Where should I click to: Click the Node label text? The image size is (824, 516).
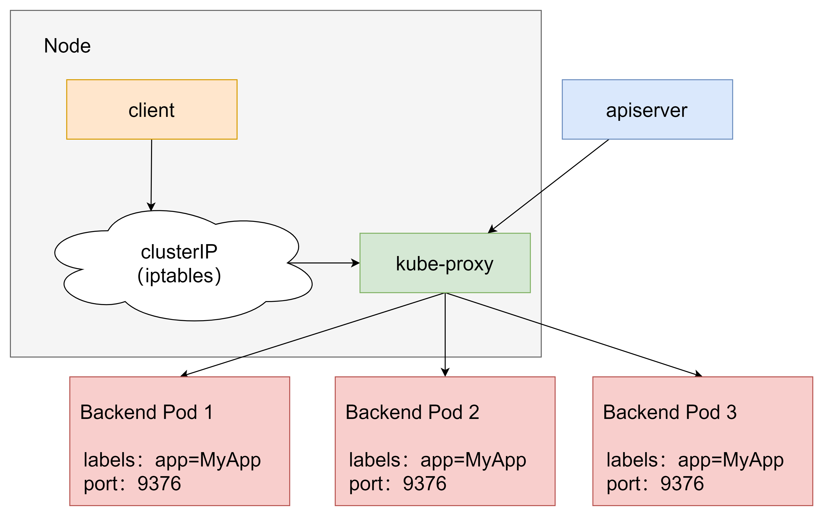(x=67, y=46)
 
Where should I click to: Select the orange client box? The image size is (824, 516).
(x=152, y=109)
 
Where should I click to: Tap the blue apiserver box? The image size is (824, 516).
(x=647, y=109)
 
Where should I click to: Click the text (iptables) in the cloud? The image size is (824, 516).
(x=179, y=276)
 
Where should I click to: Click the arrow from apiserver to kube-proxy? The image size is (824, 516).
(x=548, y=186)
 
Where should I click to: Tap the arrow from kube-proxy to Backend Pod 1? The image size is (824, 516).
(x=312, y=335)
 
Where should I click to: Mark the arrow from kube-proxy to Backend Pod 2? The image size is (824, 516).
(x=445, y=335)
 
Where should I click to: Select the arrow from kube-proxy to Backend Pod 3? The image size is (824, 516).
(x=574, y=335)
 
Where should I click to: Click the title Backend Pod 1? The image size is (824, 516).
(x=147, y=412)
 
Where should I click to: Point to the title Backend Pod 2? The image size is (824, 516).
(x=412, y=412)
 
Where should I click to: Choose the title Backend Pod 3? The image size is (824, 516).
(x=670, y=412)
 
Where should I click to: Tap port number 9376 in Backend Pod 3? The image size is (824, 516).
(x=682, y=484)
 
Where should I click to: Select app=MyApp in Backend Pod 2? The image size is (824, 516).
(x=473, y=460)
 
